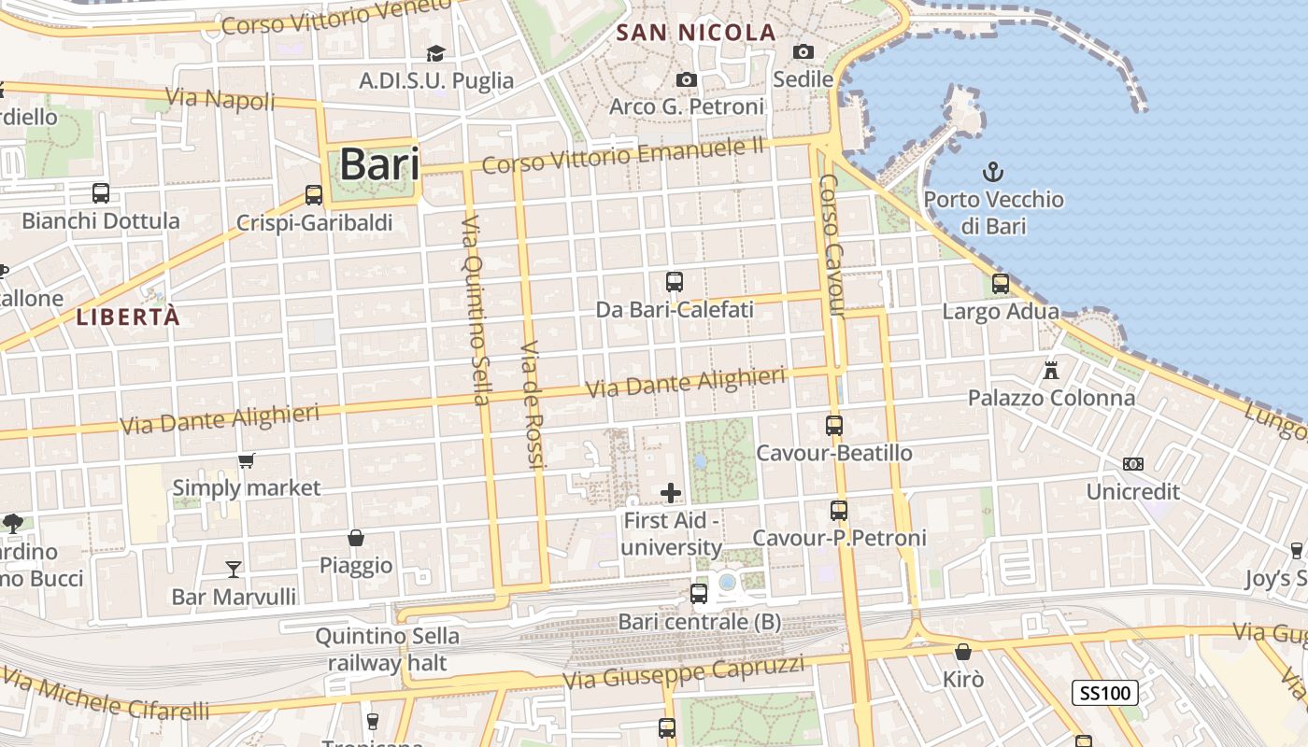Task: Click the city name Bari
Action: click(378, 164)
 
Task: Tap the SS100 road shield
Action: click(1105, 693)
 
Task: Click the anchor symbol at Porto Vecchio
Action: click(993, 172)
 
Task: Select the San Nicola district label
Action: click(696, 33)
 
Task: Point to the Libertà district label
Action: click(128, 317)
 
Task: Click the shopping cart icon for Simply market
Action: click(247, 460)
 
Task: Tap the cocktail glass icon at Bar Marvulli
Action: click(234, 569)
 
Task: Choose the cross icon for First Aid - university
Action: click(671, 492)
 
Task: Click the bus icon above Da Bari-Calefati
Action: click(675, 281)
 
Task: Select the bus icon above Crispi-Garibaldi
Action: click(314, 195)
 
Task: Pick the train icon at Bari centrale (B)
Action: click(699, 593)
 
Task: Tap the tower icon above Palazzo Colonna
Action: click(1051, 371)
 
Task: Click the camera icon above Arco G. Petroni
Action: click(687, 80)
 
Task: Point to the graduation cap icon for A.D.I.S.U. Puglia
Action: click(436, 53)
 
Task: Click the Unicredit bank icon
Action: click(1133, 464)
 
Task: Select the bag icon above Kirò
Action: click(963, 652)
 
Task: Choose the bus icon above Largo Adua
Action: click(1001, 284)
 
